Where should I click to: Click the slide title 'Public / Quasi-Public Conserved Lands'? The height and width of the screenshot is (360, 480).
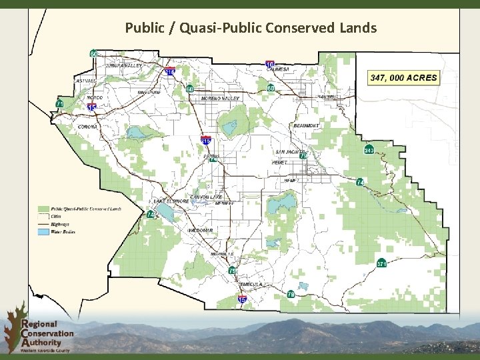(x=251, y=28)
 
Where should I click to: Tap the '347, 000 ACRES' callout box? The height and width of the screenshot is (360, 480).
(x=403, y=77)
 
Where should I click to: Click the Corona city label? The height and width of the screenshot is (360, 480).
(x=87, y=127)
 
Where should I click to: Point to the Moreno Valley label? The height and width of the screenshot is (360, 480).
(x=220, y=98)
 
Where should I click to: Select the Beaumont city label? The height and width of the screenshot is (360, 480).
(x=307, y=126)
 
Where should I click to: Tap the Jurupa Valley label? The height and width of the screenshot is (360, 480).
(x=123, y=66)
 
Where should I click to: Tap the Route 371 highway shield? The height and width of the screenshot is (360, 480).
(x=382, y=264)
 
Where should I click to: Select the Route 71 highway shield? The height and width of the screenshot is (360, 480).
(x=59, y=104)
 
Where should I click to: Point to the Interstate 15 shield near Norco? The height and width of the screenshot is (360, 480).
(x=92, y=106)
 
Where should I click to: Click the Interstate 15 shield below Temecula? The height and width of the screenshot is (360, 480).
(x=242, y=301)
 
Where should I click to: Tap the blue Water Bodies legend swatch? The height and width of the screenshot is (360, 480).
(x=45, y=231)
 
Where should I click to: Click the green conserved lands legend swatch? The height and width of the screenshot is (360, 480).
(x=45, y=209)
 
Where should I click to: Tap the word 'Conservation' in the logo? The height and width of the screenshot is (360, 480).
(x=47, y=333)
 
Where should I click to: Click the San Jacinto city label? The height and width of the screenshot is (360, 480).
(x=289, y=152)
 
